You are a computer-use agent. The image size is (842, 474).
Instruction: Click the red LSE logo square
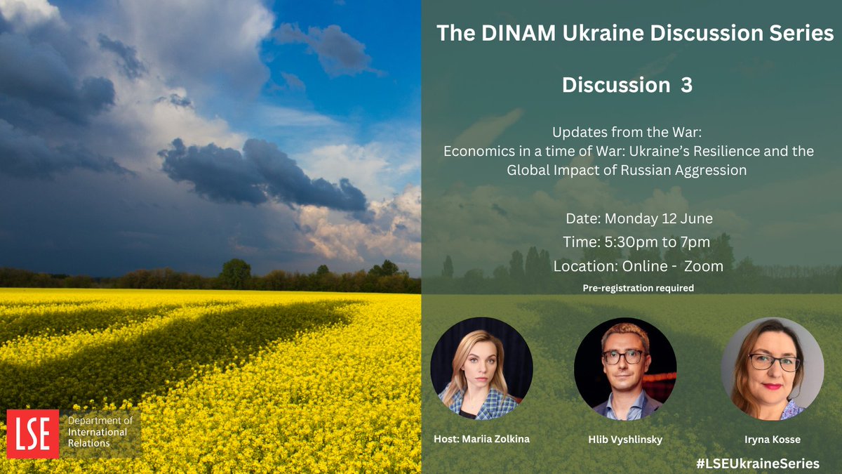32,434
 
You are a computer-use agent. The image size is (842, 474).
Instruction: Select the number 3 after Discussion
686,85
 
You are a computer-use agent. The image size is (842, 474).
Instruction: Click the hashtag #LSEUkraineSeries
758,463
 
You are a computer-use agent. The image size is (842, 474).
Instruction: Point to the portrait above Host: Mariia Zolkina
481,369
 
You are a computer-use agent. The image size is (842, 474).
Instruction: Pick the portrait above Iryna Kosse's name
772,369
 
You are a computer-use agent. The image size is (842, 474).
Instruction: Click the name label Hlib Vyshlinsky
624,439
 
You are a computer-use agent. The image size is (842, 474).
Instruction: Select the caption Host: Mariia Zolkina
481,439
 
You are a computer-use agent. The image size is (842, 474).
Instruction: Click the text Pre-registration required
639,288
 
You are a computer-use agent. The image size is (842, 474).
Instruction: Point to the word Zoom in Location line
704,266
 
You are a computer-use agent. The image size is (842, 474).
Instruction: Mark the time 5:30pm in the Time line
621,242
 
